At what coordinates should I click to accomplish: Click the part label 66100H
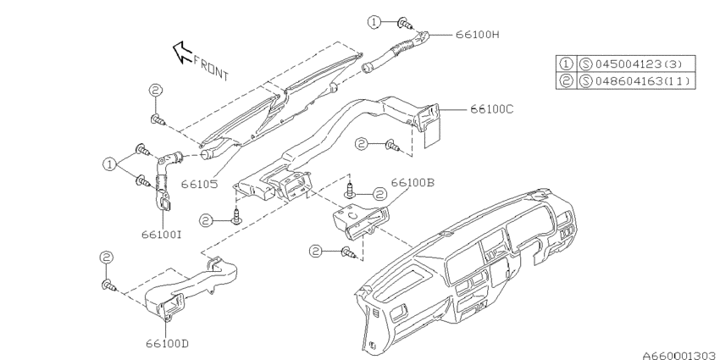pos(478,35)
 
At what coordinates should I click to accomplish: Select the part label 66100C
pos(492,109)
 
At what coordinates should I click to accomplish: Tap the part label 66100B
pos(413,183)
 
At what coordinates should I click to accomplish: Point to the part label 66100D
pos(167,343)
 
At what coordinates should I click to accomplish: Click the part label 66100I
pos(162,234)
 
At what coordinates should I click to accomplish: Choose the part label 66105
pos(199,184)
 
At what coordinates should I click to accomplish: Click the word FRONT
pos(211,68)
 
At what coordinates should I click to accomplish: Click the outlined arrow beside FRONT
pos(182,52)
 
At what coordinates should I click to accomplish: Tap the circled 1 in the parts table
pos(566,64)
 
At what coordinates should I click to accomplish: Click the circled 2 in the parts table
pos(566,81)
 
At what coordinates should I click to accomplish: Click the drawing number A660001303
pos(680,355)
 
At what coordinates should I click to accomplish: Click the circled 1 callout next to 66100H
pos(374,21)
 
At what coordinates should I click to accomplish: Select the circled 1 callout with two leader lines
pos(109,164)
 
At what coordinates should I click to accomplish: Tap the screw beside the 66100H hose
pos(405,23)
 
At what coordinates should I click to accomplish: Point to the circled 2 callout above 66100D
pos(107,258)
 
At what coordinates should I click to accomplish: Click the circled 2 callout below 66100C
pos(362,144)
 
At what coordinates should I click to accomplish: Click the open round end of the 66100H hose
pos(368,69)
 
